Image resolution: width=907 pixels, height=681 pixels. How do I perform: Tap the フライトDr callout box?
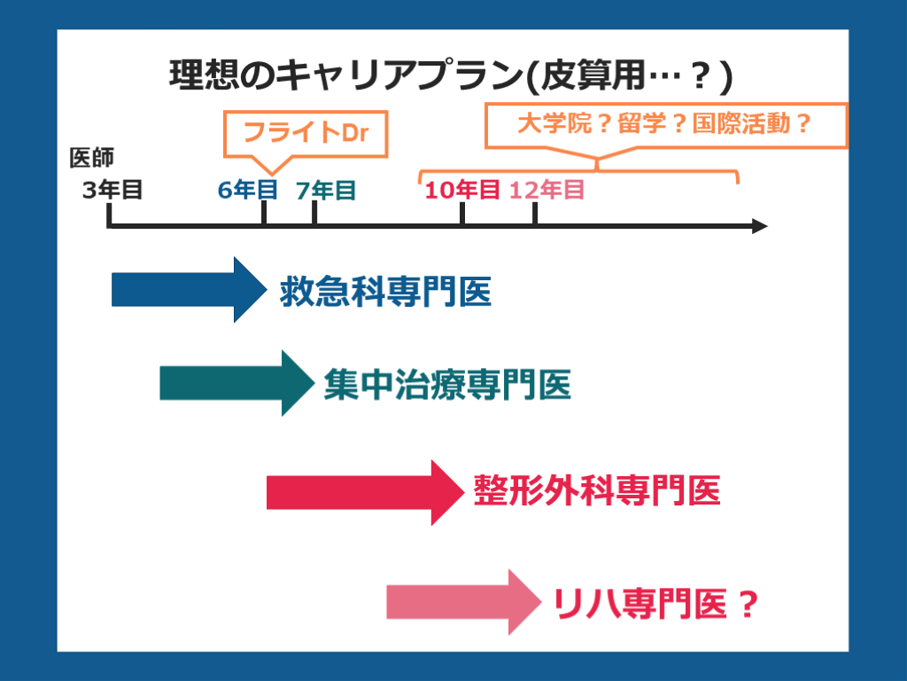click(305, 133)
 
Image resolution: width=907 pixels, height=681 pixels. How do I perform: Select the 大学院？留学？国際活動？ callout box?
click(665, 124)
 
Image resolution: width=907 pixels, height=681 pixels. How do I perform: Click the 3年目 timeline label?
click(112, 190)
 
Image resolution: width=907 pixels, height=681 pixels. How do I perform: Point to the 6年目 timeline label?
click(248, 190)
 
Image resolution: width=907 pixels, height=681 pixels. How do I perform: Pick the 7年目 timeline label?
click(326, 190)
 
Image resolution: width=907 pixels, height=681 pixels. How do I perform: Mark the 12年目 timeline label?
click(547, 190)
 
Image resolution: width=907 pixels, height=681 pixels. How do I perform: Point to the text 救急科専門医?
click(385, 291)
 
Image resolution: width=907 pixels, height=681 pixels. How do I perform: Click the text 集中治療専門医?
click(446, 385)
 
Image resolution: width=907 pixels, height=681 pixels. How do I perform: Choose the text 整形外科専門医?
click(597, 491)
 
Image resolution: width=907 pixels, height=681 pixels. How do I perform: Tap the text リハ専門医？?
click(655, 605)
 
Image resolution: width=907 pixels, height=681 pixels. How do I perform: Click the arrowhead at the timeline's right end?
click(760, 226)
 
